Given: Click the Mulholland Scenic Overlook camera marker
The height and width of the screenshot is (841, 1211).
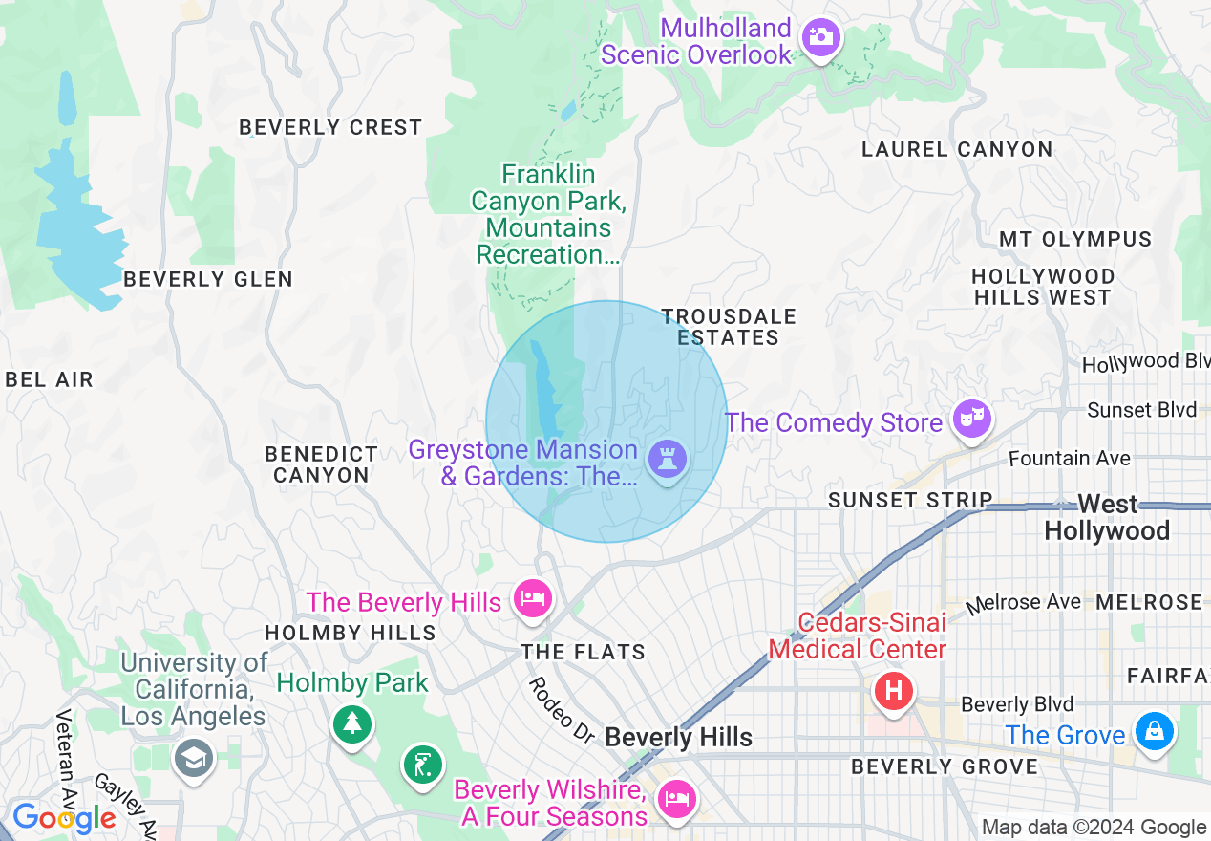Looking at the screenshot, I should (x=820, y=38).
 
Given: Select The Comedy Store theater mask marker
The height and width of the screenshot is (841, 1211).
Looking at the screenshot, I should (x=971, y=420).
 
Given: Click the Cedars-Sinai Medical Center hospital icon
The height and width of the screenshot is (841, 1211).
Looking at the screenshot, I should (x=894, y=690).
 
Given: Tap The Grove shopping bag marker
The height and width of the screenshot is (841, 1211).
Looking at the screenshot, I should (x=1154, y=732).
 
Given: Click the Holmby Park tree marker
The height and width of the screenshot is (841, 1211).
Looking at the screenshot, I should (x=352, y=722).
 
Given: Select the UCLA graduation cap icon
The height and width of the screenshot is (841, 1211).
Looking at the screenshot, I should (x=194, y=759).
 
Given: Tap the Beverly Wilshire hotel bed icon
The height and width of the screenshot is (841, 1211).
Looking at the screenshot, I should (x=677, y=799).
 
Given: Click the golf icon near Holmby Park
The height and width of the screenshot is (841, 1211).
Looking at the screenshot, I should (x=421, y=765).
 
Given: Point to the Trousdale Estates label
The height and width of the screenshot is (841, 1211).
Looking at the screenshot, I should (x=729, y=327).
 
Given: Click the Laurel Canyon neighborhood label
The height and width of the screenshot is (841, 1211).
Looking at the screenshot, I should (x=957, y=149).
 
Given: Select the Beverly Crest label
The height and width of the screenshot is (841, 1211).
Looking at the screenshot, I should (x=330, y=127).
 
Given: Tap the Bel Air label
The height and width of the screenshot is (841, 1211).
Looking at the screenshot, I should (x=50, y=379).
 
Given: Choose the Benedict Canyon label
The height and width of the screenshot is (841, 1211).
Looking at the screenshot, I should (x=321, y=464).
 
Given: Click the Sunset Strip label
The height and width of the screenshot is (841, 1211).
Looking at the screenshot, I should (x=910, y=500).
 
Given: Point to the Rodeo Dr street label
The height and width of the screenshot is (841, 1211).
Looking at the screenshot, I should (x=561, y=710).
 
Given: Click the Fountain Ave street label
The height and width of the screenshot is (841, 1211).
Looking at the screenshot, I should (x=1070, y=459).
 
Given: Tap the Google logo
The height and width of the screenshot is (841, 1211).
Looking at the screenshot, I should (x=64, y=819).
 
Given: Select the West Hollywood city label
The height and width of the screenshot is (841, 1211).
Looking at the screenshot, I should (x=1107, y=517).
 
